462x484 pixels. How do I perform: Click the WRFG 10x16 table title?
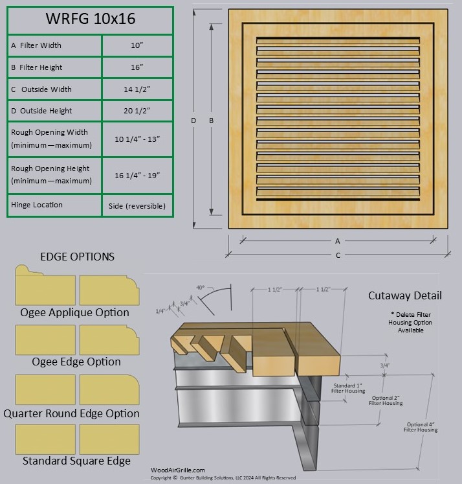pyautogui.click(x=90, y=19)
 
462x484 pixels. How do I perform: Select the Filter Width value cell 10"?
pyautogui.click(x=137, y=45)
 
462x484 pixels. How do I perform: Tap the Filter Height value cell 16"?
pyautogui.click(x=137, y=67)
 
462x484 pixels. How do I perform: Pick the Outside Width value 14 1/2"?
pyautogui.click(x=137, y=89)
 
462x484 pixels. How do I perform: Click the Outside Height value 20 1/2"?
pyautogui.click(x=137, y=111)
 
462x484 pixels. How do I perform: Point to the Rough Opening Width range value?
pyautogui.click(x=137, y=139)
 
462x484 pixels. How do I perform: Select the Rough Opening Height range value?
pyautogui.click(x=137, y=175)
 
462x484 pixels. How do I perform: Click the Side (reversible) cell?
pyautogui.click(x=137, y=205)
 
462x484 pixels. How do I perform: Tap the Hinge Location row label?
pyautogui.click(x=37, y=205)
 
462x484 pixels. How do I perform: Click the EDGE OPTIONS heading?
pyautogui.click(x=77, y=257)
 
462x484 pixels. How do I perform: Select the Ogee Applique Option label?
pyautogui.click(x=74, y=312)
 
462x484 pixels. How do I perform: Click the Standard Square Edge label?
pyautogui.click(x=76, y=461)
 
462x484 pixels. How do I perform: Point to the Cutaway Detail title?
pyautogui.click(x=405, y=295)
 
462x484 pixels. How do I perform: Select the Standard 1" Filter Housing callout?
pyautogui.click(x=349, y=388)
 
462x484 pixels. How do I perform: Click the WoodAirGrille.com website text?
pyautogui.click(x=177, y=470)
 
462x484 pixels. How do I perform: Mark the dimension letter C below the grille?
pyautogui.click(x=338, y=255)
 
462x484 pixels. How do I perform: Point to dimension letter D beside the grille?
pyautogui.click(x=193, y=121)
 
